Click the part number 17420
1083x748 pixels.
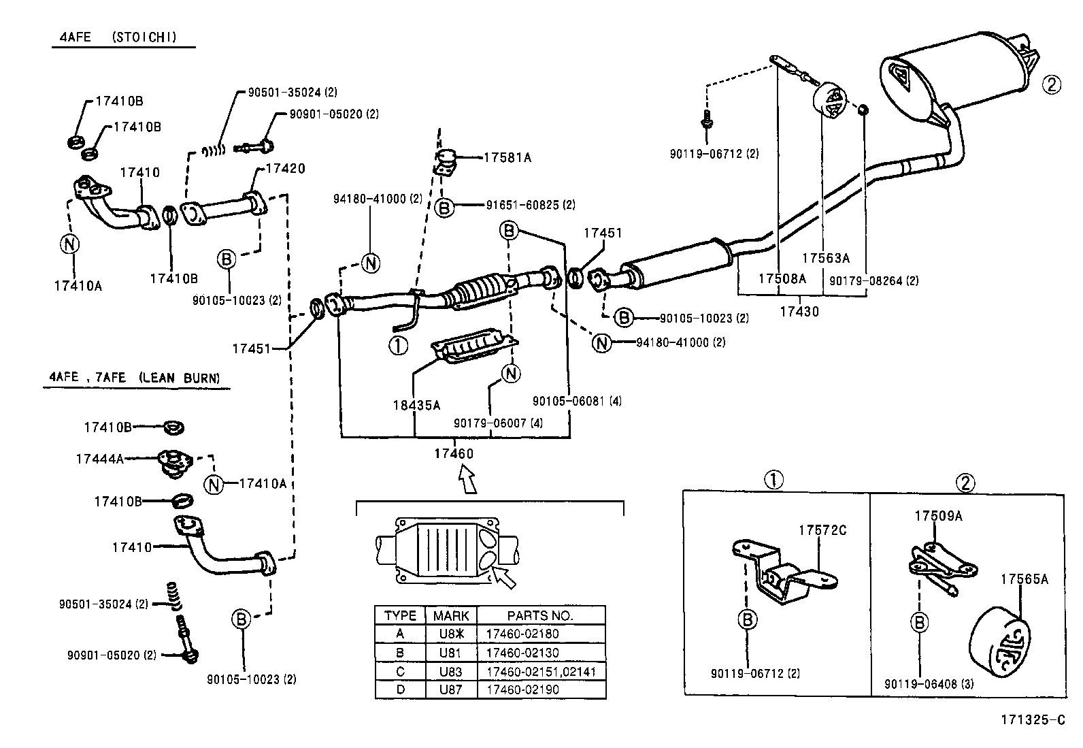pos(285,169)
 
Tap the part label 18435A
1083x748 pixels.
pos(416,406)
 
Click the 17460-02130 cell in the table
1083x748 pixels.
pos(522,653)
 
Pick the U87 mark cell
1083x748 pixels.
pos(450,689)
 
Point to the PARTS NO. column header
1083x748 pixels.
pos(540,615)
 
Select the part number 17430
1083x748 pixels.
pos(799,312)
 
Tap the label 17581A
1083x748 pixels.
pos(507,157)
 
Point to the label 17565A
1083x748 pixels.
pos(1024,579)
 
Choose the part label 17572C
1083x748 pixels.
pos(822,530)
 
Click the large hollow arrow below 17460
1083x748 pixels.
pos(467,479)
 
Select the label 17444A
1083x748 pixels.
pos(99,459)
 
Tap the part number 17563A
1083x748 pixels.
pos(825,258)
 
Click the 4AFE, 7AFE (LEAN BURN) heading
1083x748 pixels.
pos(135,377)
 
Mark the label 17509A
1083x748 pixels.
pos(938,516)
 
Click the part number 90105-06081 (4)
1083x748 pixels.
pos(577,402)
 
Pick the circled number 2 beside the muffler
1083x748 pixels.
pos(1052,85)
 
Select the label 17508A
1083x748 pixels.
pos(782,278)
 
